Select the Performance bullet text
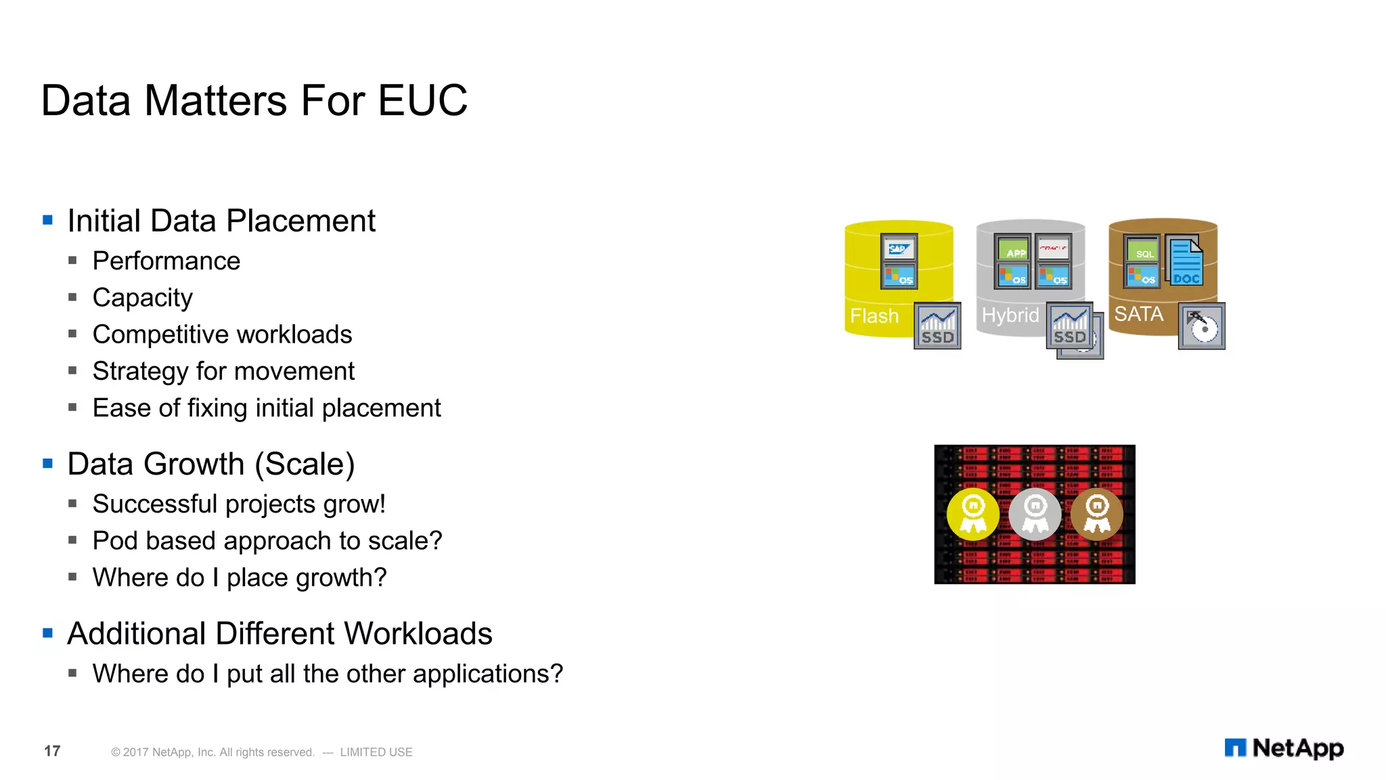point(166,261)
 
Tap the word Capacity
point(142,298)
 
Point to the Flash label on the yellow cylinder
point(874,316)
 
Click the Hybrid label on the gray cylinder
point(1010,316)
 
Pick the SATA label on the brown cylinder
point(1139,314)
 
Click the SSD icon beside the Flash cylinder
point(937,326)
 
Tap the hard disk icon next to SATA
point(1202,326)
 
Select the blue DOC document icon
point(1186,261)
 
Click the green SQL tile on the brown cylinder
point(1142,249)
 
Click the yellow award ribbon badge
point(973,515)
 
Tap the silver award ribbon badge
point(1035,515)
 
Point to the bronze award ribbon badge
point(1097,515)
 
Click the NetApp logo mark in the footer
point(1235,747)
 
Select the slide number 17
point(52,751)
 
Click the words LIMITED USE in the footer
point(376,752)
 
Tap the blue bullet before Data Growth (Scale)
point(47,464)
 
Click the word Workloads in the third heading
point(418,634)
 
